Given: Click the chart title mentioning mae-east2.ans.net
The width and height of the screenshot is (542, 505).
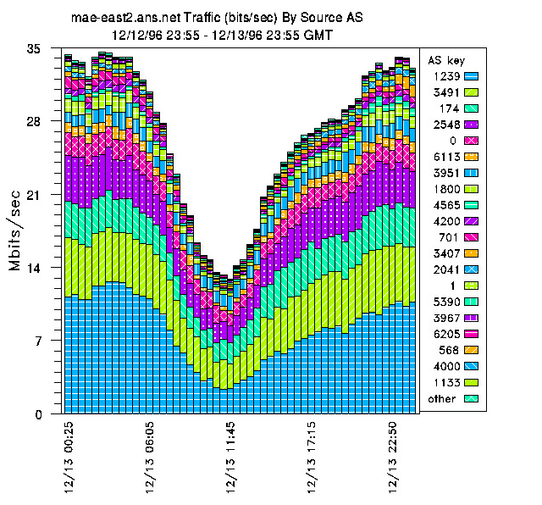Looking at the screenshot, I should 216,18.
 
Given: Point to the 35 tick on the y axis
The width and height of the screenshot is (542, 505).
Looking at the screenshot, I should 34,49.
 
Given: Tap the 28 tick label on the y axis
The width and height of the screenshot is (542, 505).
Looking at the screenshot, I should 34,121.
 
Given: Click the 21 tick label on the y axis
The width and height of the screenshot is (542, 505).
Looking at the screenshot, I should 34,195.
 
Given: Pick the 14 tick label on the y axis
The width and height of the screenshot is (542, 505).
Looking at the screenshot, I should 34,268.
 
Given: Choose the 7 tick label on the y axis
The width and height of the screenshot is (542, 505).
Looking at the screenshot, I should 37,341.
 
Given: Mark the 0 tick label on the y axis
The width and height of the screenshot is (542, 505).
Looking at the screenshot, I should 37,414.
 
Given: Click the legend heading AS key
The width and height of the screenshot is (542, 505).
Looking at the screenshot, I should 445,61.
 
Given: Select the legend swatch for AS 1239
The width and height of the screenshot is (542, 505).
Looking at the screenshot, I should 472,76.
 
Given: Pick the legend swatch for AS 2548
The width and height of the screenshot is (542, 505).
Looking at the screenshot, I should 472,124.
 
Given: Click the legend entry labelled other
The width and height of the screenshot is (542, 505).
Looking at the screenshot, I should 442,398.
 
